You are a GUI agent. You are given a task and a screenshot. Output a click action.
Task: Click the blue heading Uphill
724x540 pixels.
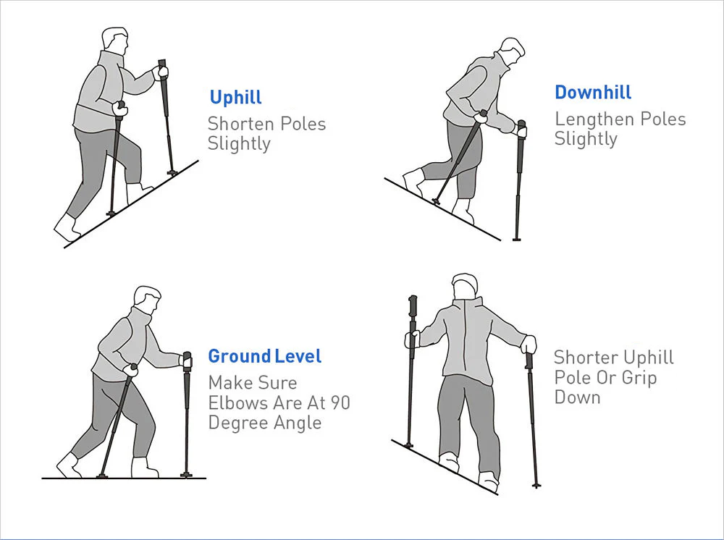[235, 97]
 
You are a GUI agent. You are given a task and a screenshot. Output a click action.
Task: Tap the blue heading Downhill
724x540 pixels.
[593, 93]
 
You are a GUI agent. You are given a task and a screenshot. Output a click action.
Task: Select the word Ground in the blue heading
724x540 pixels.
[239, 356]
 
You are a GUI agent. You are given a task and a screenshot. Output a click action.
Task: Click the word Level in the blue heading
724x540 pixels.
[298, 356]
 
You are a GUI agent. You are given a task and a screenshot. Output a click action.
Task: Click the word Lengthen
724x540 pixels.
[592, 119]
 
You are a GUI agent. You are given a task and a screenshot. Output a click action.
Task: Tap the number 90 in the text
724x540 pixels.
[340, 403]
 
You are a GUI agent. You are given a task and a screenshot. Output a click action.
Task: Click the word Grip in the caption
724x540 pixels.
[639, 378]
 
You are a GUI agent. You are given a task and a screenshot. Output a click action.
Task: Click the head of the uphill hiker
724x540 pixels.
[115, 40]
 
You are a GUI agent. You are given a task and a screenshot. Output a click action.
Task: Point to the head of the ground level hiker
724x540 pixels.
[148, 300]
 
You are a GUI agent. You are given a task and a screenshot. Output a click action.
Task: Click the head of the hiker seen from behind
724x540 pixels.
[465, 287]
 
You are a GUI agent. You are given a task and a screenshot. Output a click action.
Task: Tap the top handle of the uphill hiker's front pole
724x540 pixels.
[162, 64]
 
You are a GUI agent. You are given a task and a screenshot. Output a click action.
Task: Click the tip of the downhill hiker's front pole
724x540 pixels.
[517, 239]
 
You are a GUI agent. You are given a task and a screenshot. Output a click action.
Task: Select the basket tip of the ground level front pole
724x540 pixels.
[186, 475]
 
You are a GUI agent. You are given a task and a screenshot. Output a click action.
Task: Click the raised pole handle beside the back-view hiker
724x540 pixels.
[413, 305]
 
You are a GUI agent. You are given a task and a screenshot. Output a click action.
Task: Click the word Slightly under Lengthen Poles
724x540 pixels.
[586, 139]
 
